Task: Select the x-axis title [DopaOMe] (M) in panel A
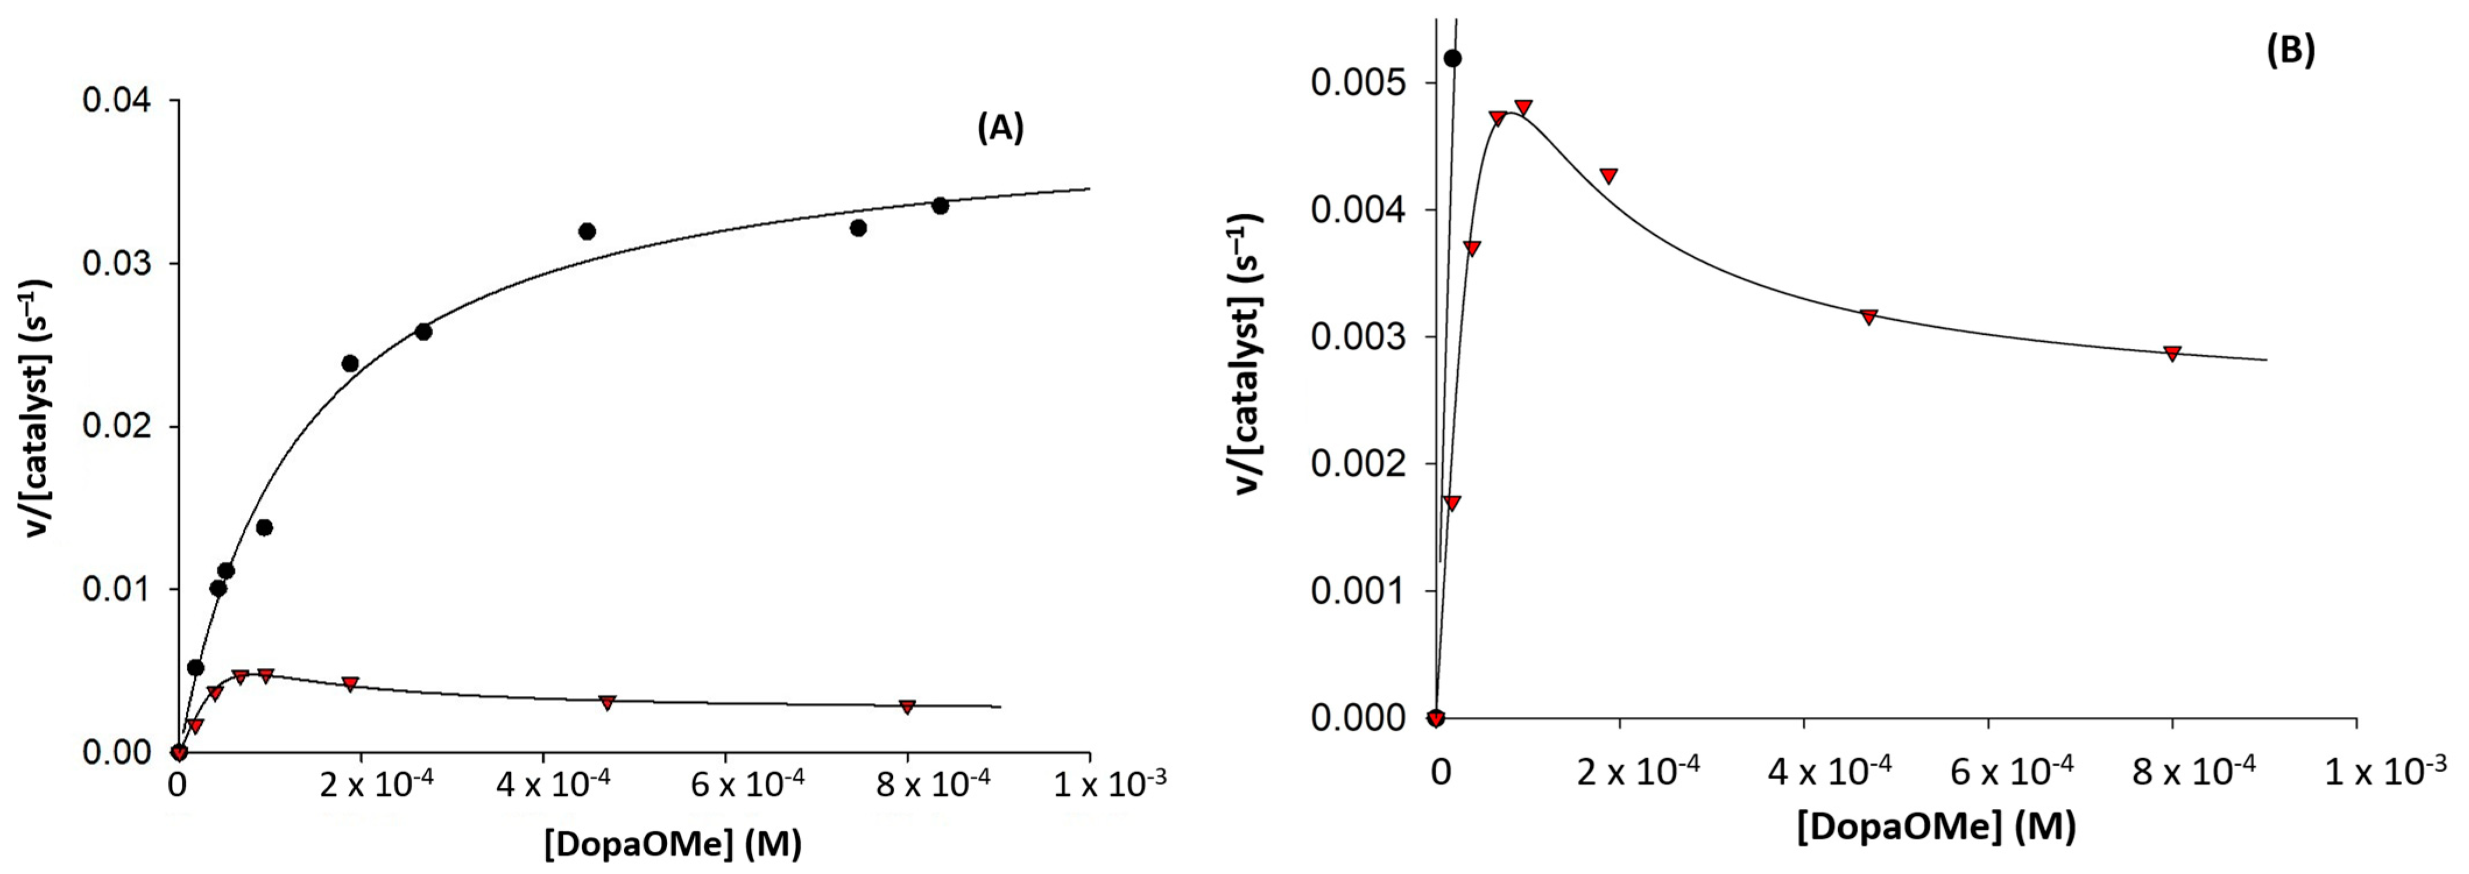[x=673, y=843]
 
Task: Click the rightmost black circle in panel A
[x=939, y=206]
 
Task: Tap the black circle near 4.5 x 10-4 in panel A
[x=588, y=231]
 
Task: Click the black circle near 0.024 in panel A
[x=350, y=363]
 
